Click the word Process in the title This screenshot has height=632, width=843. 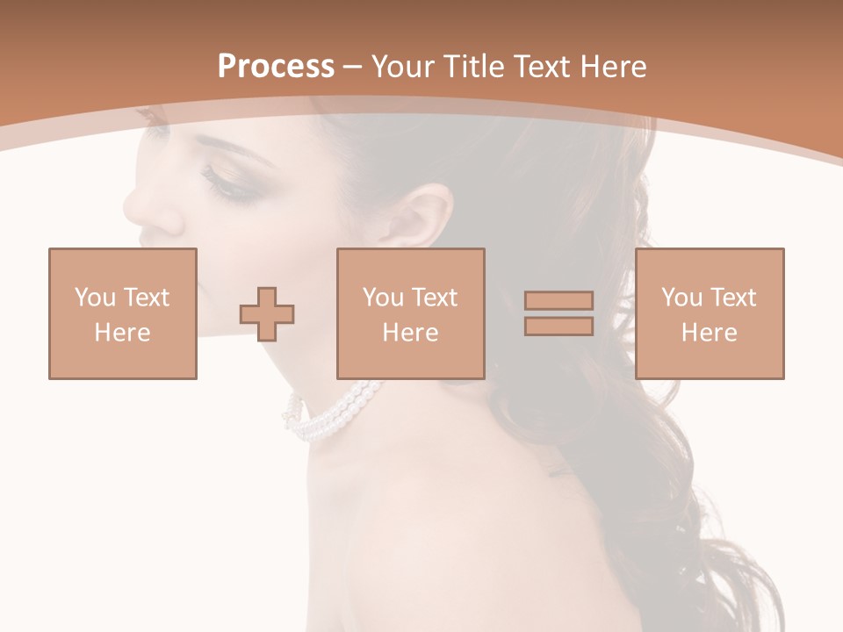pyautogui.click(x=276, y=67)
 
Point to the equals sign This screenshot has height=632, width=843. pyautogui.click(x=558, y=313)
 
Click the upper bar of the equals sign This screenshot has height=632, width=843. pyautogui.click(x=558, y=301)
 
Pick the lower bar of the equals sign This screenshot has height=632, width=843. pyautogui.click(x=558, y=326)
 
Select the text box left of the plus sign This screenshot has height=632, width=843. pyautogui.click(x=123, y=313)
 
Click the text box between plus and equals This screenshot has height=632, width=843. pyautogui.click(x=410, y=313)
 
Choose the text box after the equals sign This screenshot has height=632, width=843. pyautogui.click(x=709, y=313)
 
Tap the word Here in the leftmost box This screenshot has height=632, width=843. pyautogui.click(x=122, y=333)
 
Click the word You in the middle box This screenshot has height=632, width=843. pyautogui.click(x=383, y=298)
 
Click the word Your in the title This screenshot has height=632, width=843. pyautogui.click(x=402, y=67)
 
